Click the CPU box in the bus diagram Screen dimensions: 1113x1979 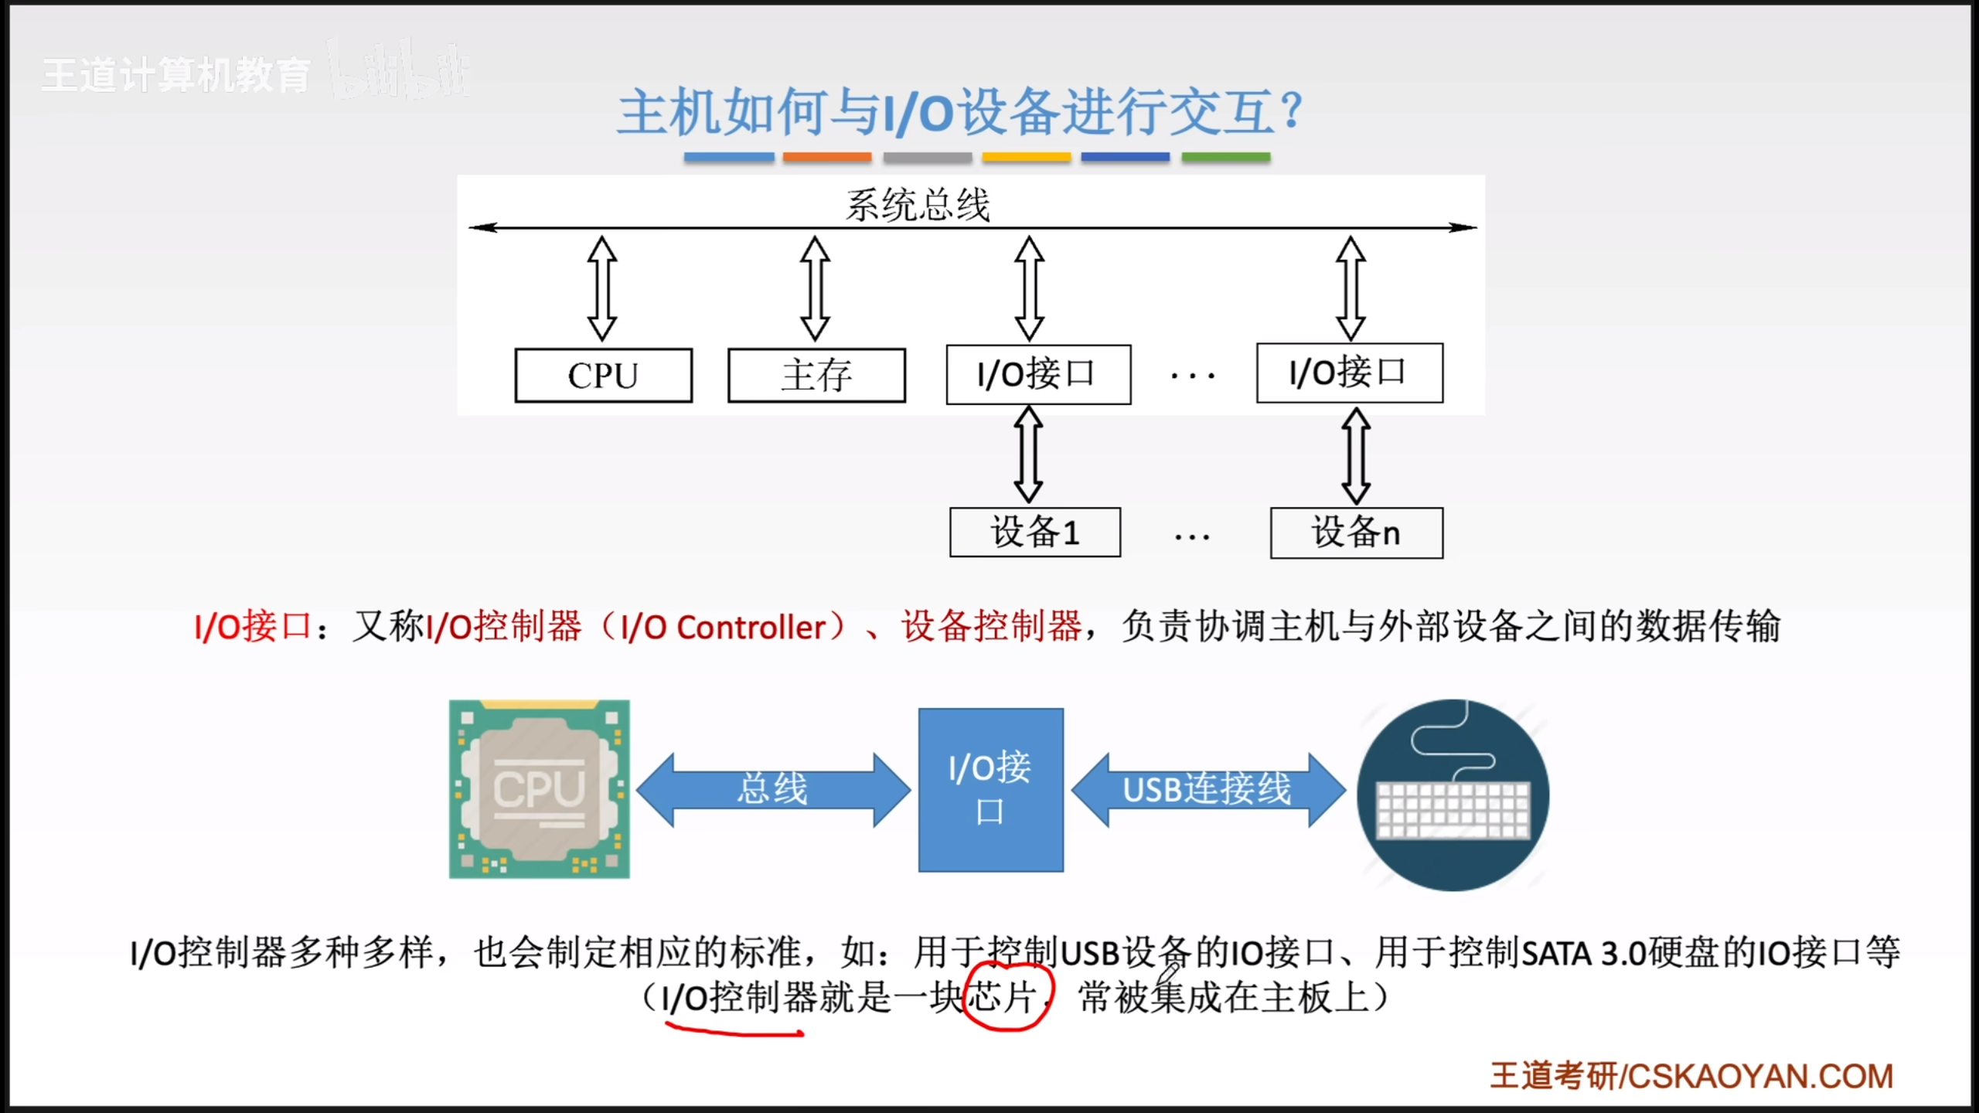tap(603, 376)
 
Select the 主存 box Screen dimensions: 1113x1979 tap(816, 376)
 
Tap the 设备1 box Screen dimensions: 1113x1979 tap(1034, 533)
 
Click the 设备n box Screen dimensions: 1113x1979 tap(1356, 533)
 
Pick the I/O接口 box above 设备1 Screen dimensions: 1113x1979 tap(1038, 374)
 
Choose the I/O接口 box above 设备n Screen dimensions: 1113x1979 tap(1349, 373)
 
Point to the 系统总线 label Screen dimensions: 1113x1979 tap(918, 206)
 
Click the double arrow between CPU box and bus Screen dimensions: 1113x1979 tap(602, 288)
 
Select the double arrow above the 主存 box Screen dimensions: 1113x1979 tap(815, 288)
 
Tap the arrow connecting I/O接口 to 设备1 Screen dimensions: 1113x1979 tap(1028, 455)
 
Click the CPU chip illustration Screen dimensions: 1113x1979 tap(539, 789)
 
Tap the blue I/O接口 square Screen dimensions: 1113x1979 tap(990, 790)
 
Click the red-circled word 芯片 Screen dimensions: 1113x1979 tap(1005, 997)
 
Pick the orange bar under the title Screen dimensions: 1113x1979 tap(826, 158)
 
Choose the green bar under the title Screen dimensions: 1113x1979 tap(1225, 158)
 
